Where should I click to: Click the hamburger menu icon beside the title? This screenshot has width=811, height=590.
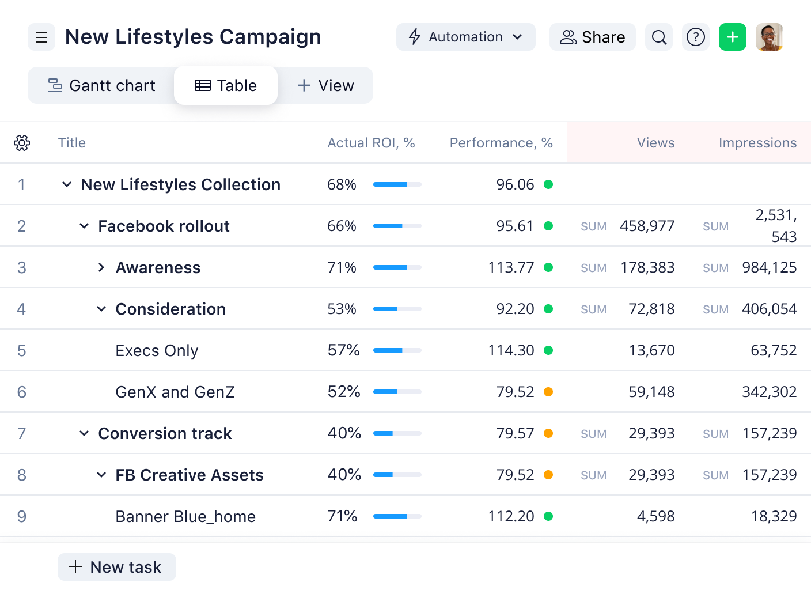(x=41, y=37)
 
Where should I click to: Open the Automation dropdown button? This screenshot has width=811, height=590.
(x=465, y=37)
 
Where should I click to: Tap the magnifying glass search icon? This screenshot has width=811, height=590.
(x=659, y=37)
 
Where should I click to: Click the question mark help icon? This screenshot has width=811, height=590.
(x=696, y=37)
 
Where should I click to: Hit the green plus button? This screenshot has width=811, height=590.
(x=733, y=37)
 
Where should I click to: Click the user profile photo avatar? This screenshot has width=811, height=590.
(x=770, y=37)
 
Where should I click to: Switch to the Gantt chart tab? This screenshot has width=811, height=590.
(x=101, y=86)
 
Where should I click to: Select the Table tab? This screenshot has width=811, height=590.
(x=226, y=86)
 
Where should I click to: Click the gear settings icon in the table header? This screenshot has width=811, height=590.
(x=22, y=143)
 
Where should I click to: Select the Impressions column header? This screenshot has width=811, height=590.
(x=757, y=143)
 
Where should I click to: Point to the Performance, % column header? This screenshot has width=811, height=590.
(x=501, y=143)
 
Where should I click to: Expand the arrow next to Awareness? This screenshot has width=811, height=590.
(x=101, y=267)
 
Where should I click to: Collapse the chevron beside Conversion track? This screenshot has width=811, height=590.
(x=84, y=433)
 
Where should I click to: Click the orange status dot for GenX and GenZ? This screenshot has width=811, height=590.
(x=548, y=392)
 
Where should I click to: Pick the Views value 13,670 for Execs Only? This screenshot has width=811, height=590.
(x=651, y=350)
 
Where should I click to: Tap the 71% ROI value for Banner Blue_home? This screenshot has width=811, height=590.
(x=342, y=516)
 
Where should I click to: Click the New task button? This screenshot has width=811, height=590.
(x=117, y=567)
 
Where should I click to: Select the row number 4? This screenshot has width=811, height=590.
(x=21, y=309)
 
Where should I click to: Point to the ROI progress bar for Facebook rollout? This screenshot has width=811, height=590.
(x=397, y=226)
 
